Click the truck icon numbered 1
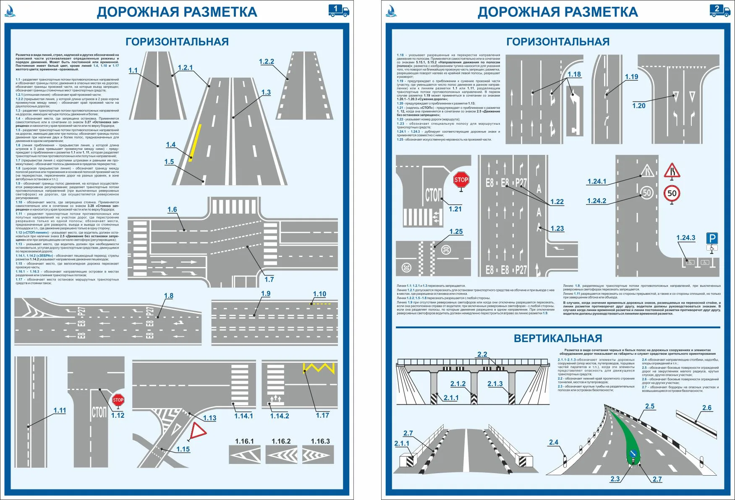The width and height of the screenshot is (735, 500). coord(338,10)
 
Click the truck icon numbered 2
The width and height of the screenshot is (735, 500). coord(719,10)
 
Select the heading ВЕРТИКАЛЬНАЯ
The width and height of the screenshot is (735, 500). coord(558,338)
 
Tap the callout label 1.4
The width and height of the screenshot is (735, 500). coord(170,145)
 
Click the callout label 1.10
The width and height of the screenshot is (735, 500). coord(319,294)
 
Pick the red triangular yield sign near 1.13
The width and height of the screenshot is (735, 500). coord(198,431)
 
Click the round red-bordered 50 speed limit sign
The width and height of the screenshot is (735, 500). coord(672,194)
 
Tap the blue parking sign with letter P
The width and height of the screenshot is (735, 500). coord(711,239)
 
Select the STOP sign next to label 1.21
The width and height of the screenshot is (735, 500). coord(461,180)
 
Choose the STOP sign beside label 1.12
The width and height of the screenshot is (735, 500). coord(118,400)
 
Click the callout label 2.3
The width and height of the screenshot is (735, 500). coord(615,479)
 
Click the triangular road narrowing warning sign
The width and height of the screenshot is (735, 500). coord(672,171)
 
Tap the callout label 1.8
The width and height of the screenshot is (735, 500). coord(168,296)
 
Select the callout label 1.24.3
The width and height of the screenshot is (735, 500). coord(685,238)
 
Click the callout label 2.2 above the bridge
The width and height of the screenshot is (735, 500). coord(482,354)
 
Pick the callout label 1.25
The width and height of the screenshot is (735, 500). coord(456,231)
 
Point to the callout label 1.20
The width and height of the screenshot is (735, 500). coord(638,106)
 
